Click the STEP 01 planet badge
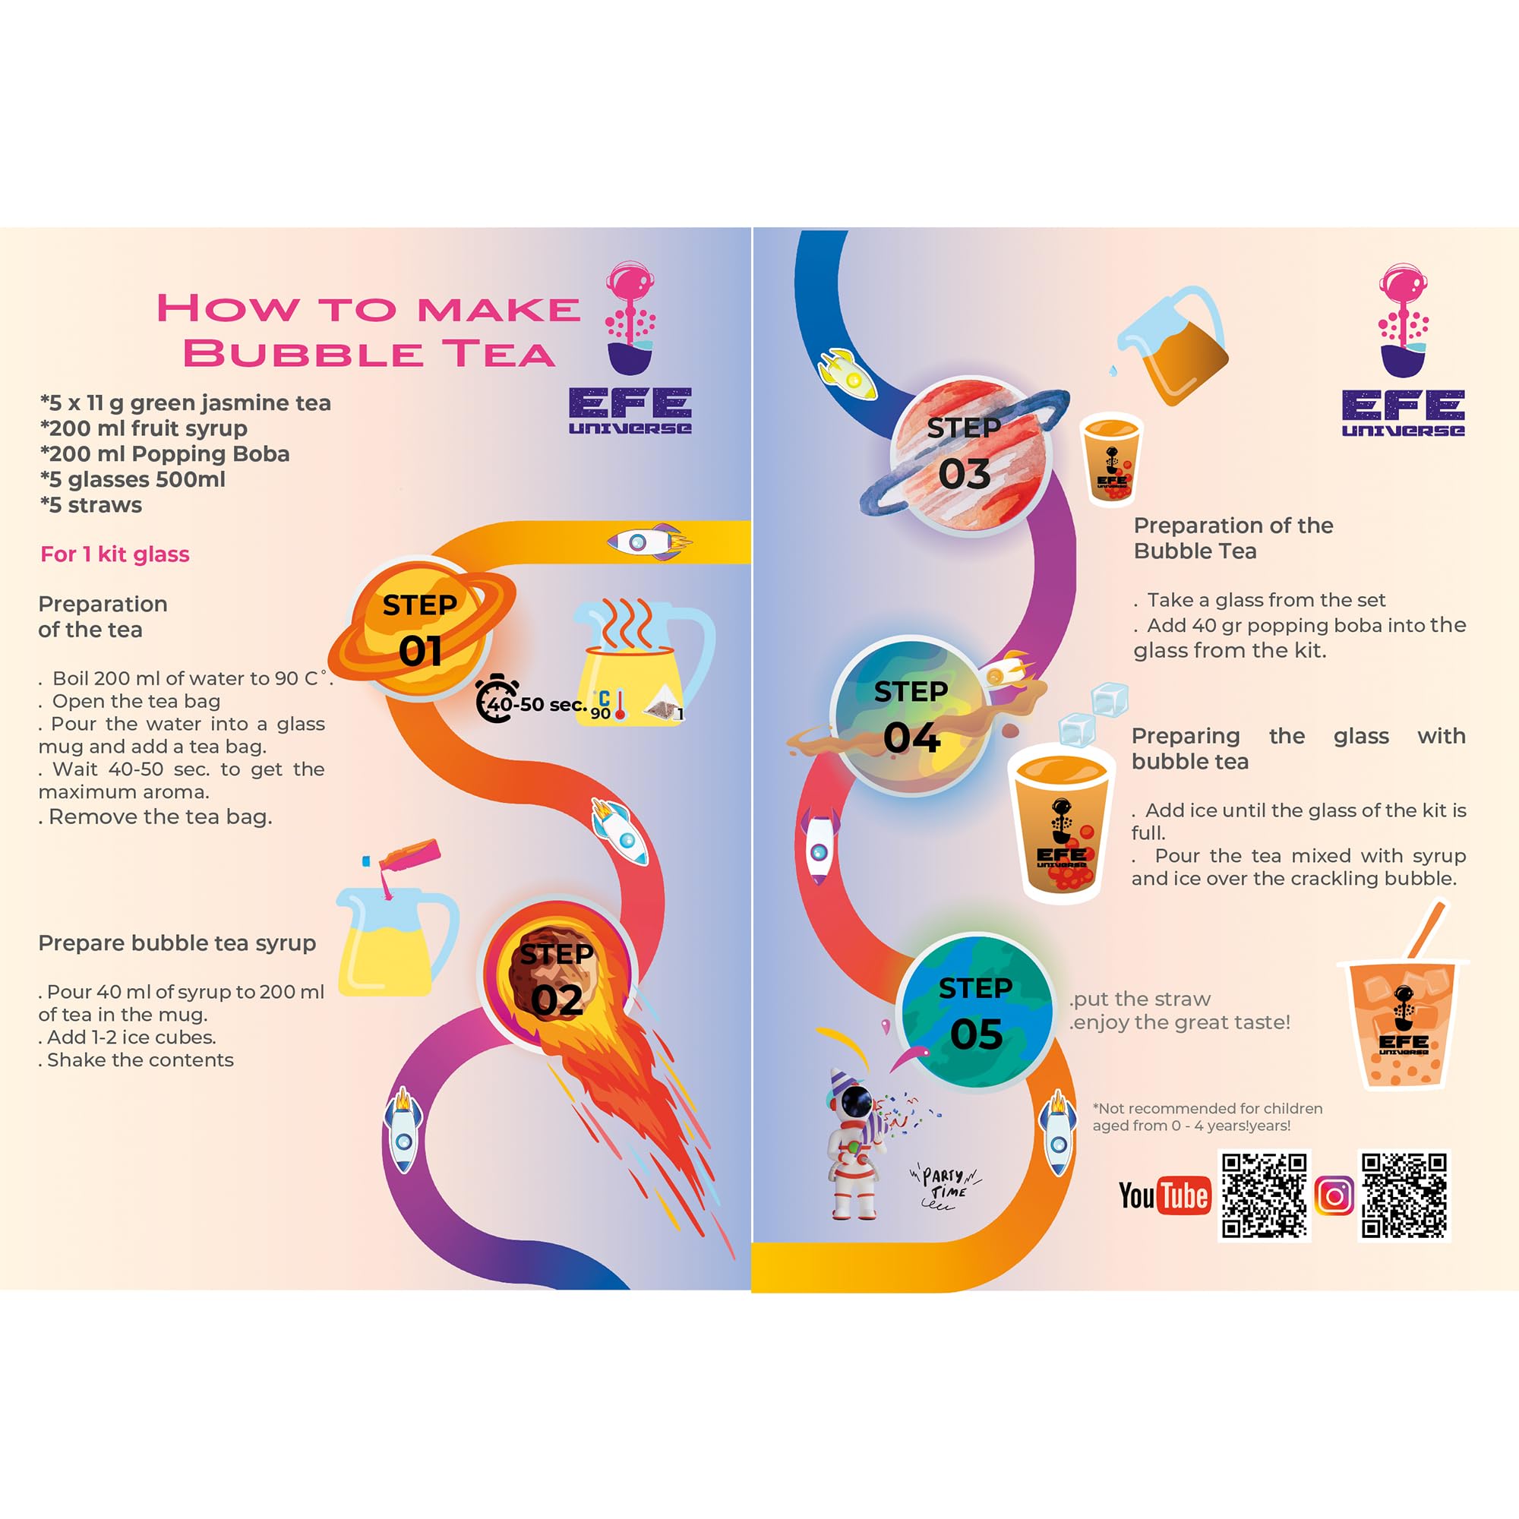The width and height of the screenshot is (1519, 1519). point(421,629)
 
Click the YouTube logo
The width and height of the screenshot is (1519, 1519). point(1164,1196)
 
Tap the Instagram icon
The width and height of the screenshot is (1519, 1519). point(1334,1196)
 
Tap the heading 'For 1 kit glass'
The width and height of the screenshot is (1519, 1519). point(115,554)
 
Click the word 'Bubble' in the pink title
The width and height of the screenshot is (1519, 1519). point(303,353)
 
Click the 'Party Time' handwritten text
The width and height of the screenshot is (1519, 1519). point(945,1186)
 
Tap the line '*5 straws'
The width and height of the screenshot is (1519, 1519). point(91,505)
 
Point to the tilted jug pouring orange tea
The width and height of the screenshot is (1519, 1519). point(1173,346)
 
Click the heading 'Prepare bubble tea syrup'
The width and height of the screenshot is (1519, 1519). point(177,943)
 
